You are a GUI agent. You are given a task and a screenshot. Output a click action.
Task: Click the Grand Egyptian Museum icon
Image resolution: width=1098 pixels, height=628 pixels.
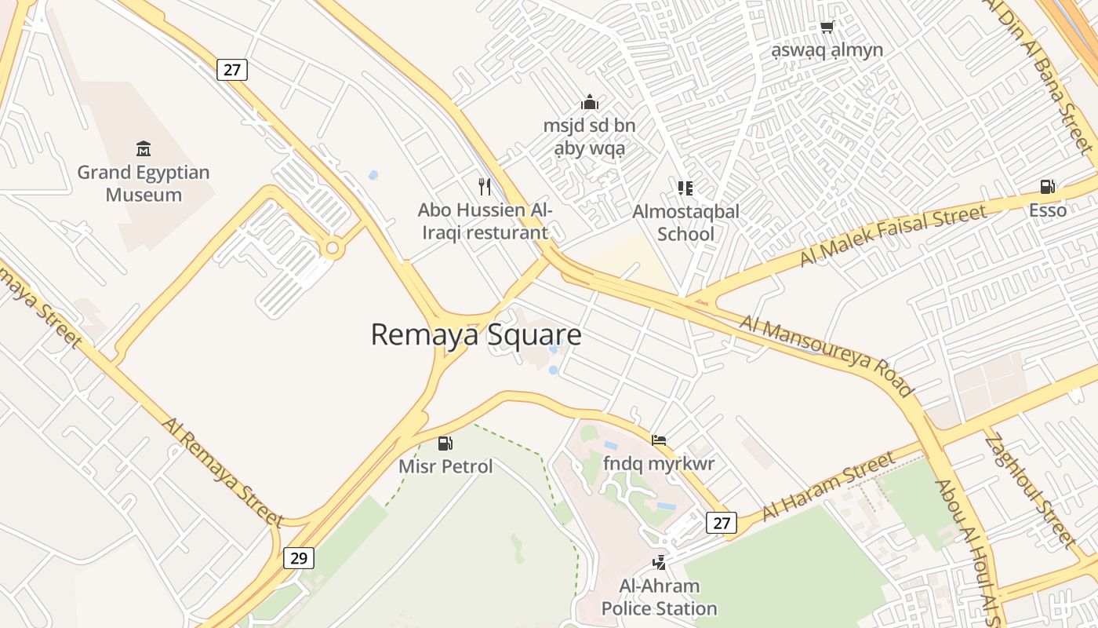point(144,148)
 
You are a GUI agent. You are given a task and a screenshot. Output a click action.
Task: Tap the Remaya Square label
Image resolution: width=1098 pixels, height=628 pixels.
point(476,334)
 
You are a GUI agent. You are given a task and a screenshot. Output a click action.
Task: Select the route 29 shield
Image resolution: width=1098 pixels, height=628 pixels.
point(299,558)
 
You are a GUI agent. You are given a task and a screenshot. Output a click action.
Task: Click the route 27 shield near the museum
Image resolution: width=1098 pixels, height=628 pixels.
point(232,70)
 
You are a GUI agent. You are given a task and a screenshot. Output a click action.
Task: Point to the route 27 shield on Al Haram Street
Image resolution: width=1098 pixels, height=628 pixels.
point(722,523)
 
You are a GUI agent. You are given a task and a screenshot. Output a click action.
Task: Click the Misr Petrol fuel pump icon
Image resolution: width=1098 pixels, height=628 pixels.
point(445,444)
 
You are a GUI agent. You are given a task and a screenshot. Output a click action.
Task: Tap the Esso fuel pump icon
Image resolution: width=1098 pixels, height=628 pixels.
point(1047,187)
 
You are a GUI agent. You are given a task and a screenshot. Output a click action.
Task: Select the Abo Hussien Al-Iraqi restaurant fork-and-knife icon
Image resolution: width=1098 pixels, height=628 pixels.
point(485,187)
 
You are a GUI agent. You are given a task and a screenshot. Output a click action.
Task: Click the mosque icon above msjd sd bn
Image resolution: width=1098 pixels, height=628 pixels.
point(590,102)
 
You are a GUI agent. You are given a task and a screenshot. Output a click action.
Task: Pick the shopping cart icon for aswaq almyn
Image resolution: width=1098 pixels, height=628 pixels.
point(827,27)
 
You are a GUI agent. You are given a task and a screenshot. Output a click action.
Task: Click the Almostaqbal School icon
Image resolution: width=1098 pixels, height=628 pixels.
point(685,188)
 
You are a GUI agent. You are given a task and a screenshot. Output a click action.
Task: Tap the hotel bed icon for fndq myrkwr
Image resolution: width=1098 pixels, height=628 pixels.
point(659,440)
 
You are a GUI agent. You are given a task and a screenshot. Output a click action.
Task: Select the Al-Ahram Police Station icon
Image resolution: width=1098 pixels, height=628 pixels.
point(660,562)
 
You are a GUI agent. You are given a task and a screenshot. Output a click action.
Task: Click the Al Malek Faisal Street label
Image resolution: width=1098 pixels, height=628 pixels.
point(893,235)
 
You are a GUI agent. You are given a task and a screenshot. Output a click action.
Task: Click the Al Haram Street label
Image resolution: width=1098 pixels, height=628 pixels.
point(828,485)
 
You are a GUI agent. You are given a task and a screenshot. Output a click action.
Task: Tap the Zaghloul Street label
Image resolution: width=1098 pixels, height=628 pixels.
point(1030,490)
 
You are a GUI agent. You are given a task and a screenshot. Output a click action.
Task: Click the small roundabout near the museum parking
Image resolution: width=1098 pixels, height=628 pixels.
point(333,249)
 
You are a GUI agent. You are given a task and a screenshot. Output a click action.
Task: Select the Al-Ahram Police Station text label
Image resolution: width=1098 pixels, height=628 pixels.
point(659,597)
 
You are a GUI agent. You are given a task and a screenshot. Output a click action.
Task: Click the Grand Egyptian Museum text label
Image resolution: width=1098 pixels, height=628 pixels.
point(144,184)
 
